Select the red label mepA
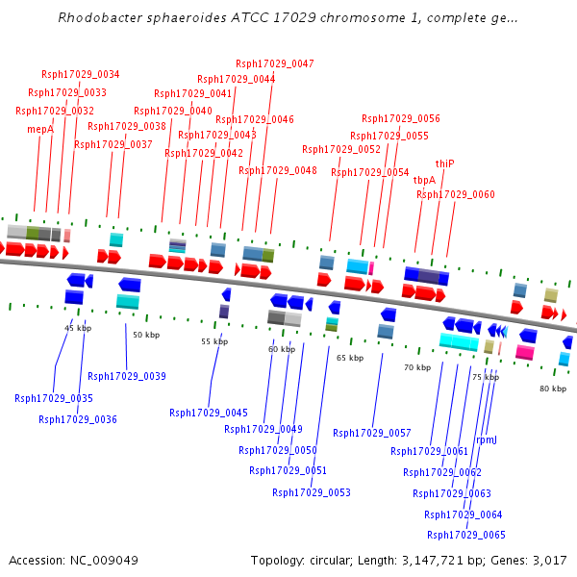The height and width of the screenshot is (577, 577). [40, 129]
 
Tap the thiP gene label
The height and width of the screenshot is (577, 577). [444, 163]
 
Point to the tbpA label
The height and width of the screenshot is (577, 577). [424, 180]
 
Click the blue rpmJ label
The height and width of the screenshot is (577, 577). [487, 439]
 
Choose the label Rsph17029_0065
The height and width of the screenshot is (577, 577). [465, 535]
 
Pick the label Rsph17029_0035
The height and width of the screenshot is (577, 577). [54, 398]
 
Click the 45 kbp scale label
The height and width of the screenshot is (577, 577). [78, 328]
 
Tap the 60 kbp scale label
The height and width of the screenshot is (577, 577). [282, 349]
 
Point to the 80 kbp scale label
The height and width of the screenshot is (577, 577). [553, 389]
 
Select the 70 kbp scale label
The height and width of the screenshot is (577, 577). [417, 367]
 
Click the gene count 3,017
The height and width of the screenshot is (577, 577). [547, 561]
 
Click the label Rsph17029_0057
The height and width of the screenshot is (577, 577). [372, 433]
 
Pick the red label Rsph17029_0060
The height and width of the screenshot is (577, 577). [456, 194]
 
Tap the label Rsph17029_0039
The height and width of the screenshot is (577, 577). [127, 376]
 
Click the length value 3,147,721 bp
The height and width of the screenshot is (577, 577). [450, 561]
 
